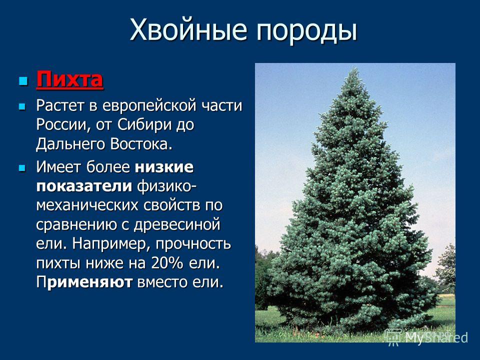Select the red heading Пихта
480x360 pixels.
click(69, 79)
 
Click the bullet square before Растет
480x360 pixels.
click(22, 106)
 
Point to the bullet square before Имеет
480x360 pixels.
click(22, 168)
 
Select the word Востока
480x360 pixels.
click(139, 144)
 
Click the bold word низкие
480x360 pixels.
click(164, 167)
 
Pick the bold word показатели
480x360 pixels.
click(84, 186)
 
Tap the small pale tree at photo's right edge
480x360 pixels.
click(446, 266)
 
